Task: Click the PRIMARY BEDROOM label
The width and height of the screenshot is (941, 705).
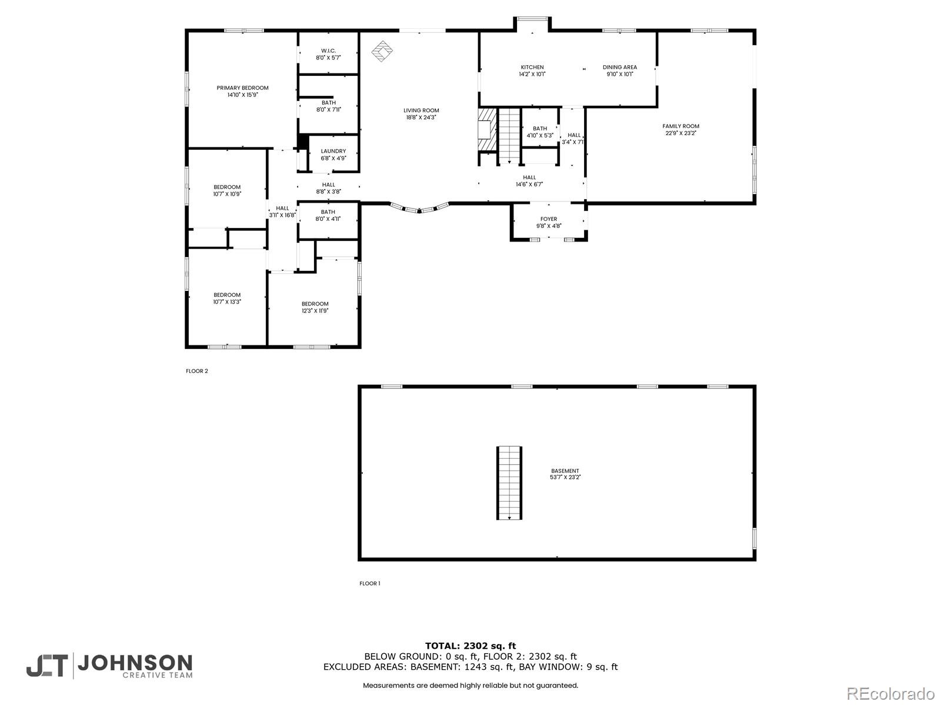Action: tap(242, 88)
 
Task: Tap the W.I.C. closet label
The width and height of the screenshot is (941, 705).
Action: tap(328, 51)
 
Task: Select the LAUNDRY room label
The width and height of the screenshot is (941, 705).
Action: tap(333, 152)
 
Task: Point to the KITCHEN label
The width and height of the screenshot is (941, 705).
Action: tap(532, 67)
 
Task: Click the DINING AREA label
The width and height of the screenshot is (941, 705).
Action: tap(620, 67)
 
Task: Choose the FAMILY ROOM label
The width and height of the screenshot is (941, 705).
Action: tap(680, 126)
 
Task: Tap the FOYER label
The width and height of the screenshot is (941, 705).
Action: tap(549, 219)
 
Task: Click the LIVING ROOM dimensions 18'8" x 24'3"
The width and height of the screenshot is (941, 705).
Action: tap(421, 117)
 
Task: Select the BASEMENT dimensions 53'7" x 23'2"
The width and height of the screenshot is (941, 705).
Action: tap(565, 478)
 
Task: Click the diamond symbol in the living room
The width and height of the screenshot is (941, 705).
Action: tap(382, 51)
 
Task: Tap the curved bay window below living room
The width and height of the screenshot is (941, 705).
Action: tap(420, 207)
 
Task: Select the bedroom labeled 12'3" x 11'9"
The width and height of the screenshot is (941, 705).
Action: tap(315, 307)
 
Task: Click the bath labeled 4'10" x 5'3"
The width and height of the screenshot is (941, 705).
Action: tap(540, 132)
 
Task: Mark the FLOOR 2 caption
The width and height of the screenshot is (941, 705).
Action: tap(197, 371)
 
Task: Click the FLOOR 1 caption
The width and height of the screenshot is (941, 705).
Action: tap(370, 583)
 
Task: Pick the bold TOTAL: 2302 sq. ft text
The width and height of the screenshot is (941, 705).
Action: tap(470, 646)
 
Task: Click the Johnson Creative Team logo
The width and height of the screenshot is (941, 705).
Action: tap(109, 666)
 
